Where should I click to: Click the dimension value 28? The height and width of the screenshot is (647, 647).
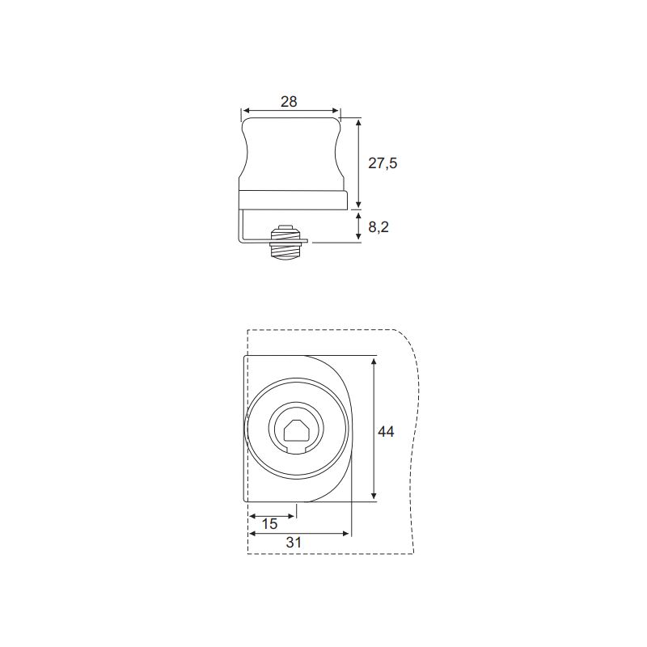tap(289, 102)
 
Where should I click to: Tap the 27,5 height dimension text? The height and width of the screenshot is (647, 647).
tap(383, 163)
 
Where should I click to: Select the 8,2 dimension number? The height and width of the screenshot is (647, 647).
tap(378, 227)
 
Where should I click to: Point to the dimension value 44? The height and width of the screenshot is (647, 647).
tap(386, 432)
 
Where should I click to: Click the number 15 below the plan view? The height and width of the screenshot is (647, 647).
tap(269, 524)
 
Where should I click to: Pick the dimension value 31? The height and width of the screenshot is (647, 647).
tap(294, 543)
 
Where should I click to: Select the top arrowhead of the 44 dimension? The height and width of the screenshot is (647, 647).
tap(374, 362)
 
